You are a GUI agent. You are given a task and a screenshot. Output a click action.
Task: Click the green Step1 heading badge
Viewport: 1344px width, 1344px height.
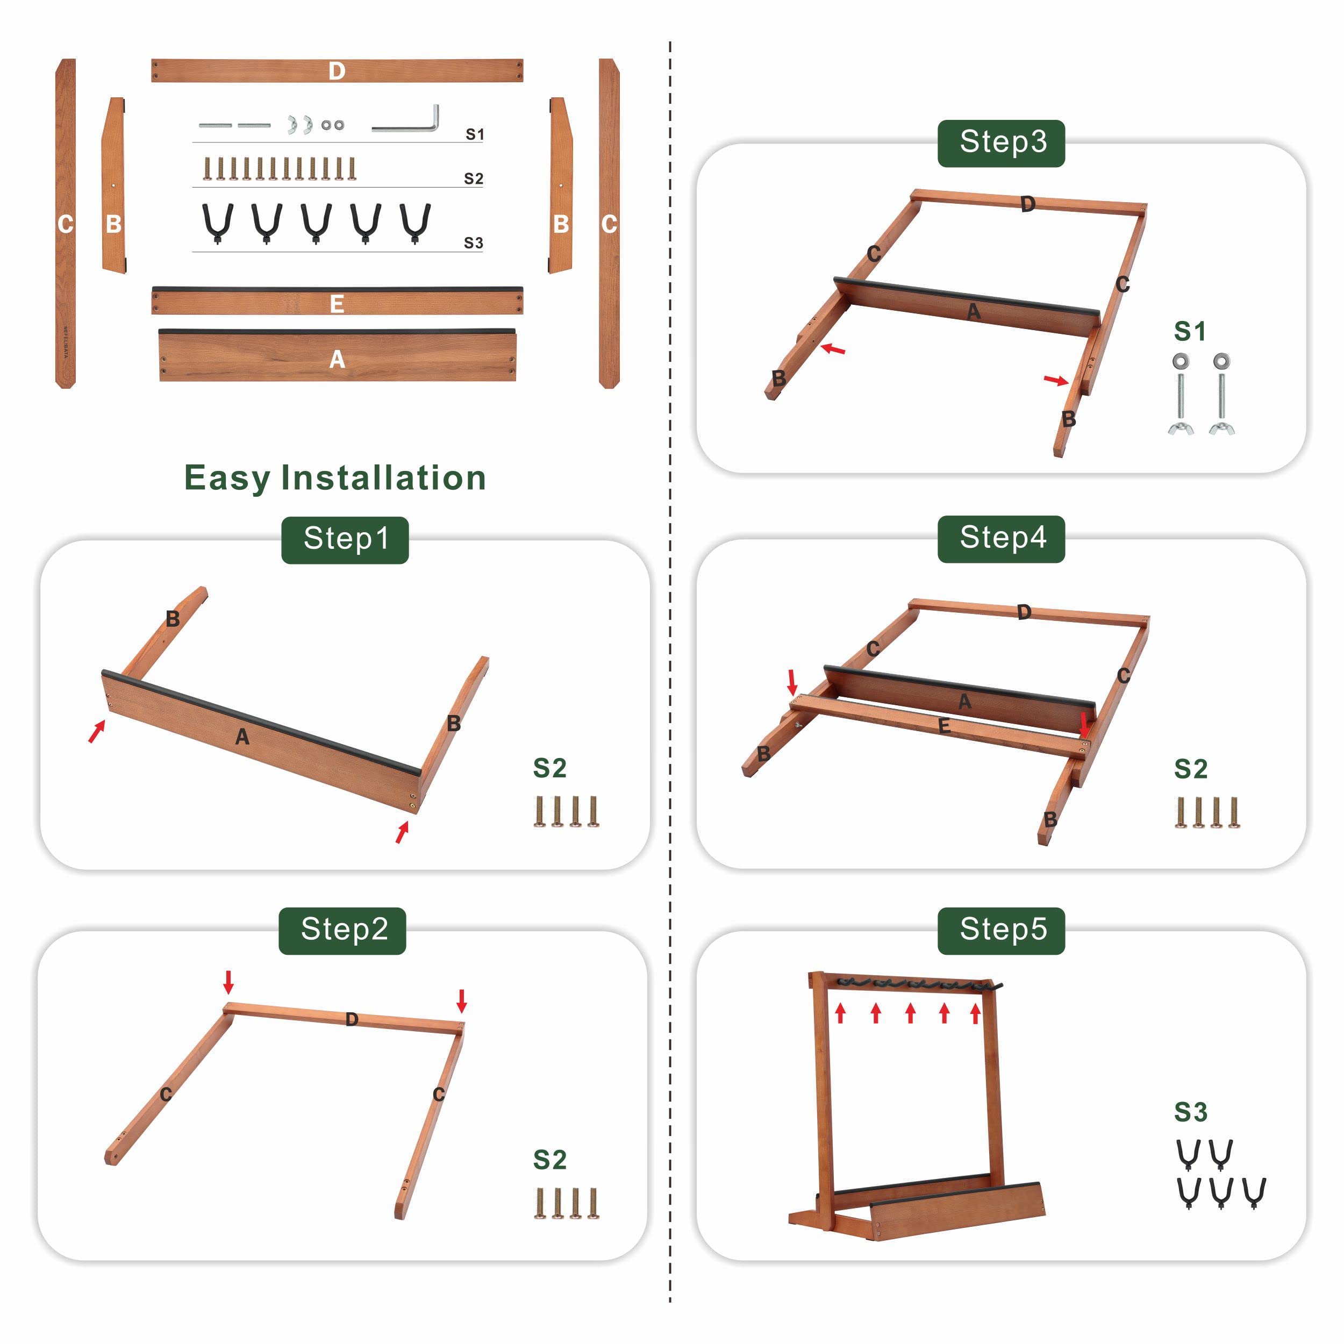345,539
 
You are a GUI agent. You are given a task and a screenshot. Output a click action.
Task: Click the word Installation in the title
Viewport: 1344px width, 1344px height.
383,478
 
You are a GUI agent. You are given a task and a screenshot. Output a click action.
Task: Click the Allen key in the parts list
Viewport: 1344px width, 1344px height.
407,121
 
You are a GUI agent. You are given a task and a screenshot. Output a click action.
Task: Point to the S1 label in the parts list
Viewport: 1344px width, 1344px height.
475,134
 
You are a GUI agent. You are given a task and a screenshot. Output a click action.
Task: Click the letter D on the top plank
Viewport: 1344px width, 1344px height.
337,71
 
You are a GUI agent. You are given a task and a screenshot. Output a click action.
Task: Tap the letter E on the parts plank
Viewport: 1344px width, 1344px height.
337,304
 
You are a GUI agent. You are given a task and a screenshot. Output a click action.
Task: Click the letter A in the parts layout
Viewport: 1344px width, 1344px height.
337,359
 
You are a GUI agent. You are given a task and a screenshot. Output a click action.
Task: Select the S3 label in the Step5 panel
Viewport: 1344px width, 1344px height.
1190,1112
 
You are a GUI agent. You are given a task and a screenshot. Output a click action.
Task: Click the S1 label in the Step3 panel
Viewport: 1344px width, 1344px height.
1190,331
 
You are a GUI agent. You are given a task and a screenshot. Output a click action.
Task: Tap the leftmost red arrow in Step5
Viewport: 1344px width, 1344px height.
840,1013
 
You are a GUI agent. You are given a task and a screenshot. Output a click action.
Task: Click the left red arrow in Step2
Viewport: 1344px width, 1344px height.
228,982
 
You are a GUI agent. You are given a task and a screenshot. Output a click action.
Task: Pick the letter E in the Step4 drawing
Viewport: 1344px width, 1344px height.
944,726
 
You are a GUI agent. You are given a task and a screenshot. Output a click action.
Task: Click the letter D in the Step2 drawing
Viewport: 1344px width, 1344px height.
352,1019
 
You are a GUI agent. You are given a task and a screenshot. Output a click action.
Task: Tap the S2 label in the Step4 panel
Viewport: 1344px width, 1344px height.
1190,769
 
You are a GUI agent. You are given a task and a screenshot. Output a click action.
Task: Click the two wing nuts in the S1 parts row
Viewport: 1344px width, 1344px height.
301,125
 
